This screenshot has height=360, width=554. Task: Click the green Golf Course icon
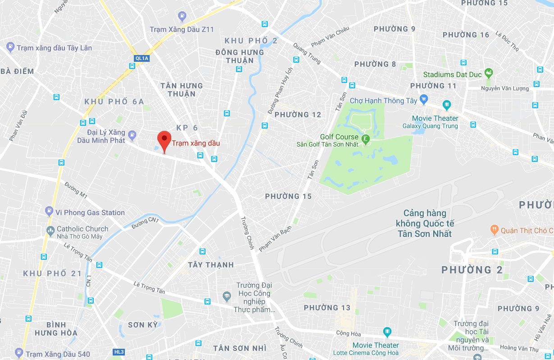pyautogui.click(x=366, y=138)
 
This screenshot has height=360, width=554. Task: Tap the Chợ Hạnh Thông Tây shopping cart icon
pyautogui.click(x=423, y=99)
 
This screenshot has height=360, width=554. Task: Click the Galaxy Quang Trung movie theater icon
pyautogui.click(x=446, y=105)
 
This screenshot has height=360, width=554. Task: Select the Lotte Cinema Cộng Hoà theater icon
pyautogui.click(x=387, y=333)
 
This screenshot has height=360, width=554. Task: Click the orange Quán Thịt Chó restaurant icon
pyautogui.click(x=494, y=230)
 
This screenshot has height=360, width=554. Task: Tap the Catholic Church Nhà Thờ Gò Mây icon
pyautogui.click(x=50, y=231)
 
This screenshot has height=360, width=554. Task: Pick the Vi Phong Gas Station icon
pyautogui.click(x=49, y=211)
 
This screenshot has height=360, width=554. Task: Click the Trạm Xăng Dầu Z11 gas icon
pyautogui.click(x=182, y=17)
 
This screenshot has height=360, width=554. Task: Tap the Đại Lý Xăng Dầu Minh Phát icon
pyautogui.click(x=132, y=134)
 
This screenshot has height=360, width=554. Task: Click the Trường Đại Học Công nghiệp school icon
pyautogui.click(x=227, y=296)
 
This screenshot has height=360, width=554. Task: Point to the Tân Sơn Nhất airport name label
pyautogui.click(x=424, y=223)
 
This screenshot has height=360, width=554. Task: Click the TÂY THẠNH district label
pyautogui.click(x=211, y=265)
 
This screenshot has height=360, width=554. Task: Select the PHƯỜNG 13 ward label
pyautogui.click(x=327, y=308)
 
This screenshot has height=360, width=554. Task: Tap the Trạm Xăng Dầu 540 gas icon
pyautogui.click(x=18, y=352)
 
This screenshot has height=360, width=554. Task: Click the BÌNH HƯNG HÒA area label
pyautogui.click(x=56, y=329)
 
